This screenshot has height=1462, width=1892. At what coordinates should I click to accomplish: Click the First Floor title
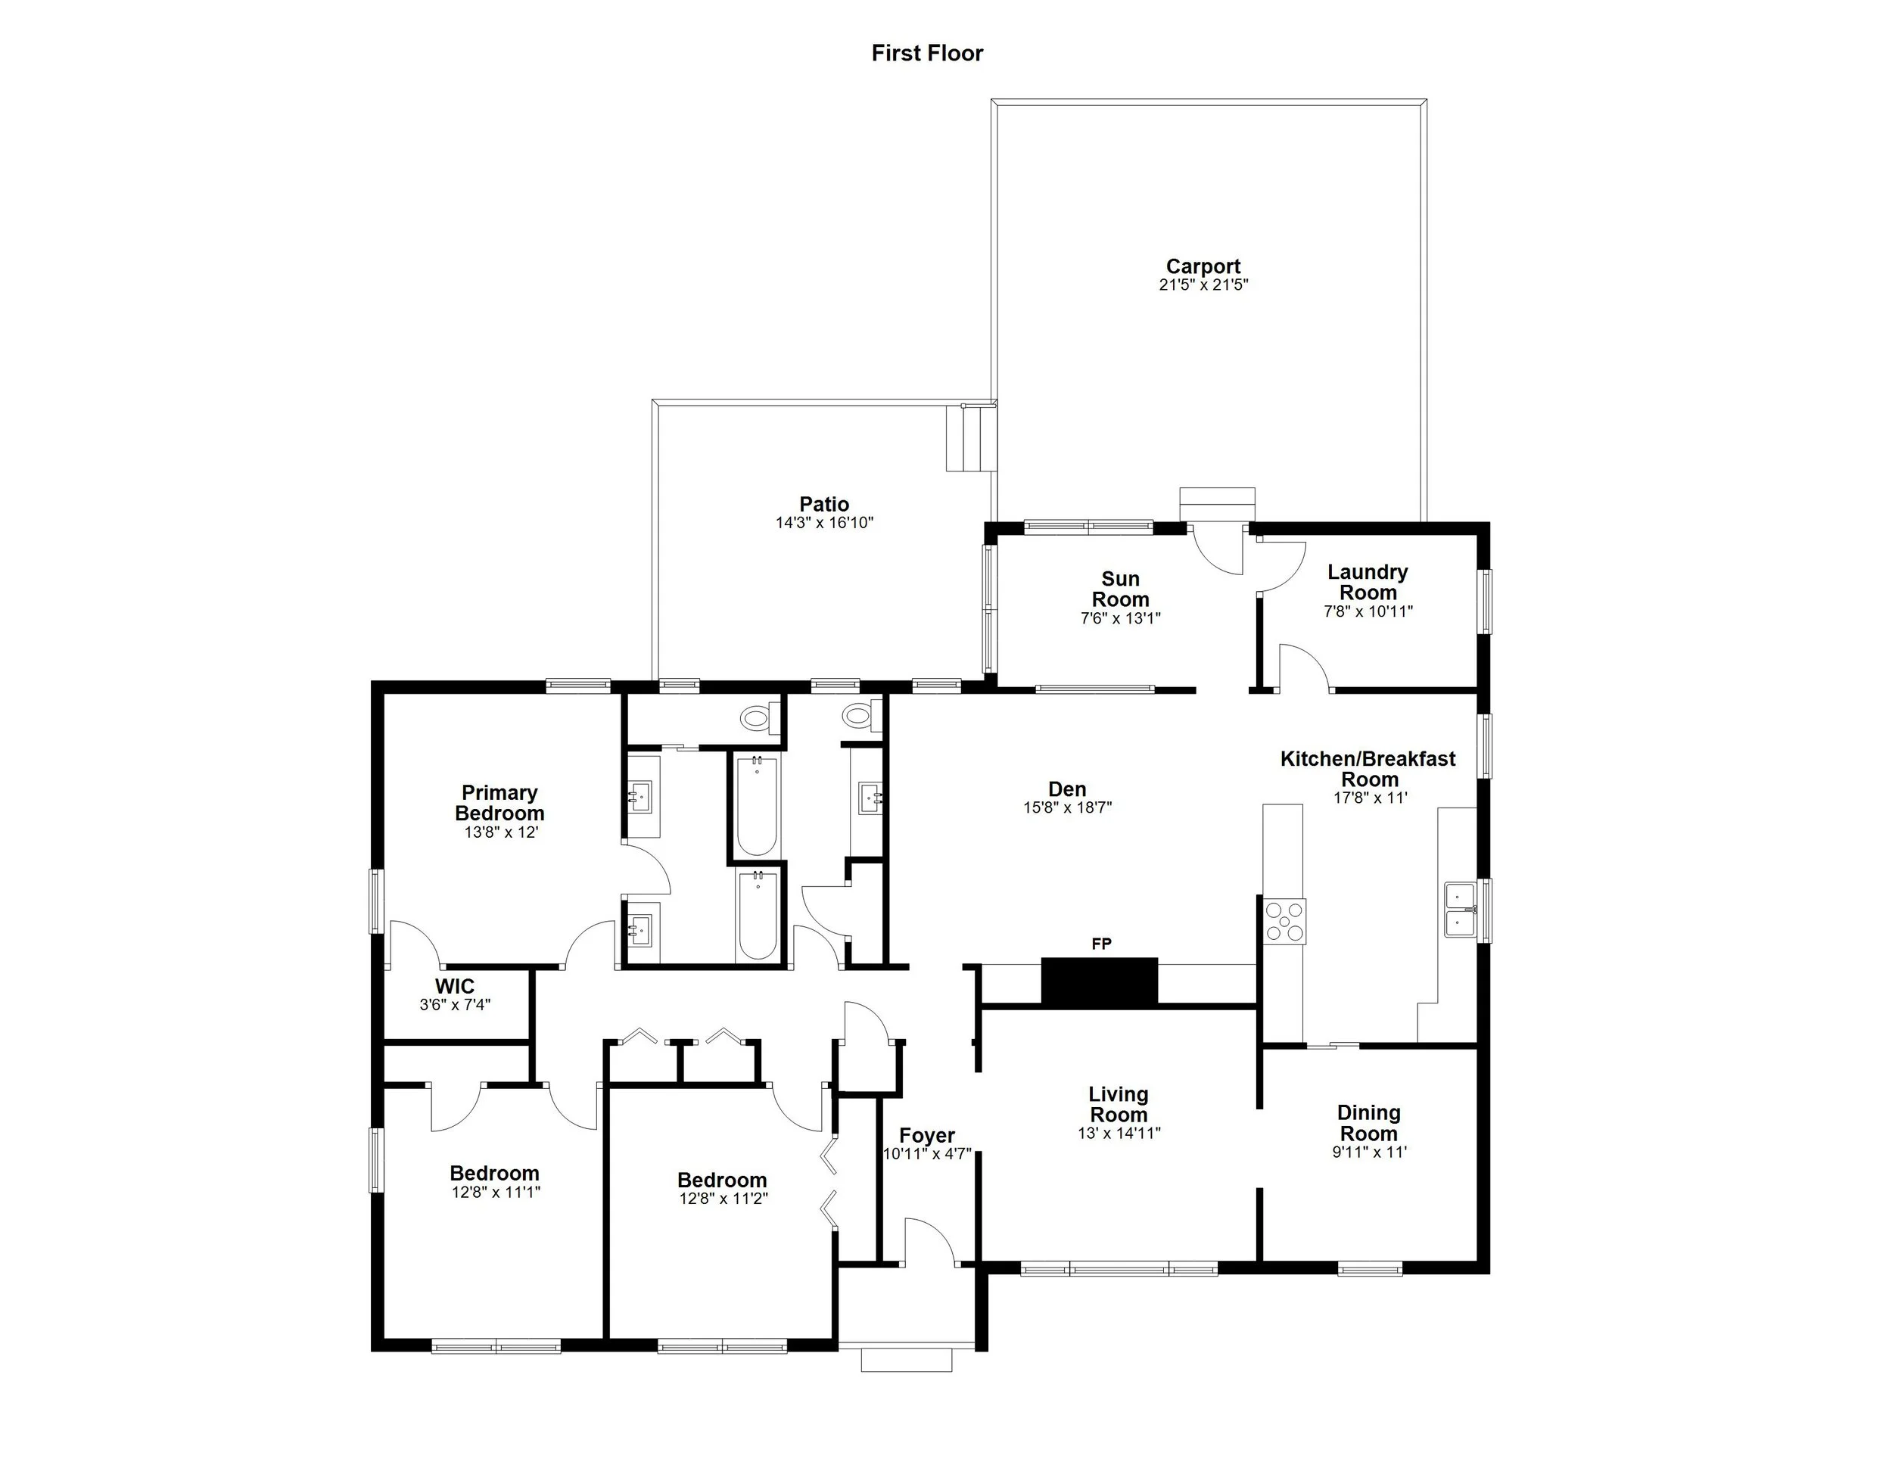coord(927,54)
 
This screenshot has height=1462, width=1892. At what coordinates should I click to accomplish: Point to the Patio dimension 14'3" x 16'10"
coord(824,523)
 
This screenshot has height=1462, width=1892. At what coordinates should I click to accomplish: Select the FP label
coord(1101,944)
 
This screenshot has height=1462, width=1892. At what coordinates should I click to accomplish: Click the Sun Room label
coord(1120,589)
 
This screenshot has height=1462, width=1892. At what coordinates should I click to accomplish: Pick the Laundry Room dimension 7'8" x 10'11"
coord(1368,611)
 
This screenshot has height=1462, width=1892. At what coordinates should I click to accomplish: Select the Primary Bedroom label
coord(499,803)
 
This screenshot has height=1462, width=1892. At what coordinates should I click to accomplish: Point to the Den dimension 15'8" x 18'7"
coord(1066,808)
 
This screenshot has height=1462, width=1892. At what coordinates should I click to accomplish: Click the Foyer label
coord(927,1136)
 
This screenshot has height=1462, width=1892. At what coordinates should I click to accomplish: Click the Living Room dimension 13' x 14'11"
coord(1119,1133)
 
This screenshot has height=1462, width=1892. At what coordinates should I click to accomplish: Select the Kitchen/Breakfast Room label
coord(1368,769)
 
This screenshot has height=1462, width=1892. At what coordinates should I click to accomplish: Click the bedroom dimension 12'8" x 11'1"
coord(496,1192)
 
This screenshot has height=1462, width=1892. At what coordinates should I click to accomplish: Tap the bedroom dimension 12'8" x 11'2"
coord(724,1199)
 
